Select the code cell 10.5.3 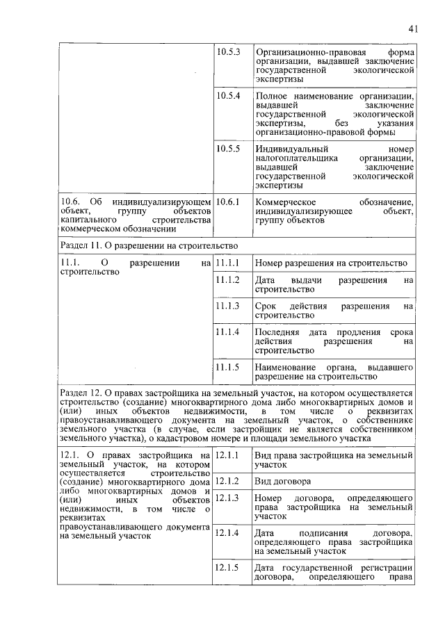(x=228, y=52)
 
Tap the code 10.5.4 (x=228, y=95)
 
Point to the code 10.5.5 (x=228, y=148)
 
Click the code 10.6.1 (x=228, y=202)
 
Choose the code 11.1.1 (x=228, y=263)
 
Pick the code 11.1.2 (x=228, y=279)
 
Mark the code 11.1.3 (x=228, y=306)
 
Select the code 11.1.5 (x=228, y=366)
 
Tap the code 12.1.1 (x=228, y=455)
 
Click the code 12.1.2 (x=228, y=481)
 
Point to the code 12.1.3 (x=228, y=498)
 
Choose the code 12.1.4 (x=228, y=533)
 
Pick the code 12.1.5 (x=228, y=567)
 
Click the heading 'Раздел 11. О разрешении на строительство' (x=149, y=245)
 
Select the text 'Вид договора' (x=282, y=481)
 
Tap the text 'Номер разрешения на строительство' (x=330, y=263)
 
